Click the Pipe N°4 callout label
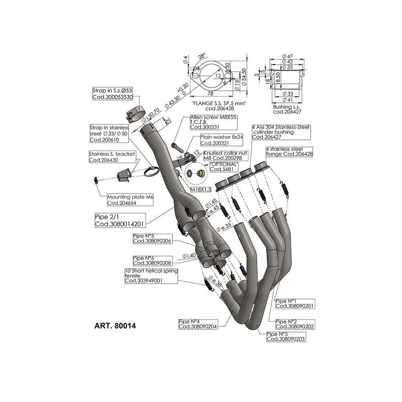click(x=197, y=324)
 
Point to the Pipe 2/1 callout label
click(x=120, y=221)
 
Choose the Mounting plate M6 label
click(x=127, y=200)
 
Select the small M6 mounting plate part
click(x=96, y=179)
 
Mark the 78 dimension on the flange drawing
click(x=211, y=93)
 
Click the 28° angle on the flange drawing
click(x=201, y=56)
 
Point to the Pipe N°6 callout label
click(x=147, y=260)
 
